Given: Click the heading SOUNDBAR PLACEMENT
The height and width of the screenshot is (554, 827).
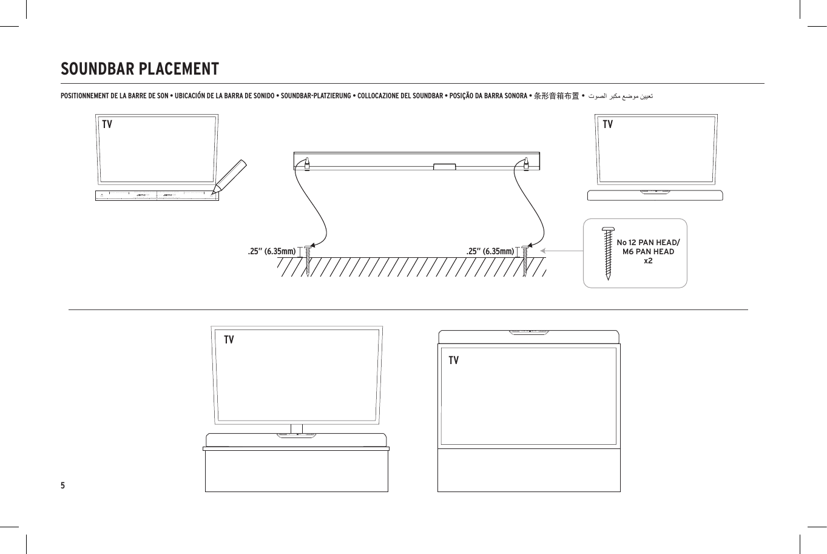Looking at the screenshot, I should coord(140,69).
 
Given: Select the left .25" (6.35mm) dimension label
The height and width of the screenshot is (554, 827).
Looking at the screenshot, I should coord(271,251).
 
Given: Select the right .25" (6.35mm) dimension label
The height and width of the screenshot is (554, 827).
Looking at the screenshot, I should coord(490,251).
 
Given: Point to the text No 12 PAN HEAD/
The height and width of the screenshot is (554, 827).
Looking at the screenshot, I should coord(648,243).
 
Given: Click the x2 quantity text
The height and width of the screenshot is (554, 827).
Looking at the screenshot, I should coord(648,260).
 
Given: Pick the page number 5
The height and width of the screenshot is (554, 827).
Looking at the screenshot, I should coord(62,485).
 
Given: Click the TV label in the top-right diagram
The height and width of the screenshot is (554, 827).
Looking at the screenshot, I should coord(607,124).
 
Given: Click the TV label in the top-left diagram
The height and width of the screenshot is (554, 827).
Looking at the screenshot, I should coord(107,124).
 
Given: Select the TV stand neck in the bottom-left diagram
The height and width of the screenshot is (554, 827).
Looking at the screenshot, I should coord(296,428).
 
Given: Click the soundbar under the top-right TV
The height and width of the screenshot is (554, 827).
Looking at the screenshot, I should coord(655,195).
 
